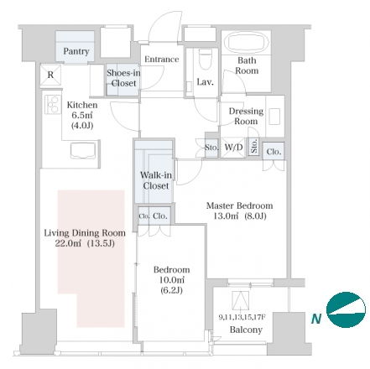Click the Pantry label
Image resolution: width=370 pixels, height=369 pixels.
[x=76, y=51]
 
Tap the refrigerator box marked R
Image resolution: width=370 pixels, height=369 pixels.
[x=50, y=75]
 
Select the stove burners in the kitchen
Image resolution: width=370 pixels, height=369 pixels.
[x=52, y=104]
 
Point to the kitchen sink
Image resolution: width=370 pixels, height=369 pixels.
[x=83, y=152]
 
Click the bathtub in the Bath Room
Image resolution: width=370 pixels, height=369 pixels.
[x=246, y=43]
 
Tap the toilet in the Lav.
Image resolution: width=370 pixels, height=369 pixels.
[x=205, y=60]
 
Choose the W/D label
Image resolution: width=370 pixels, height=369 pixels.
[x=233, y=147]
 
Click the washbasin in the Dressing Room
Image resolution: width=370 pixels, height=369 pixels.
[x=274, y=117]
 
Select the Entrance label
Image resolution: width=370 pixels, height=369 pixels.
[x=162, y=60]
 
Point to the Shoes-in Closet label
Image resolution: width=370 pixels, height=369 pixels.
[x=123, y=78]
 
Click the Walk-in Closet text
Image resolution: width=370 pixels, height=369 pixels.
[x=156, y=180]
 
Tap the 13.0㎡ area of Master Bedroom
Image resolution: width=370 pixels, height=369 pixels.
[x=226, y=216]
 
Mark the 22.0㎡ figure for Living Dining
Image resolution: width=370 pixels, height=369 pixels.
[x=68, y=243]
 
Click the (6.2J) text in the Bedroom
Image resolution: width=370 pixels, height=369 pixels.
[x=171, y=290]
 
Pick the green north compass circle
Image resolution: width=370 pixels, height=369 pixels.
[x=346, y=310]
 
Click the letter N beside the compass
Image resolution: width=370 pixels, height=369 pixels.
[x=316, y=319]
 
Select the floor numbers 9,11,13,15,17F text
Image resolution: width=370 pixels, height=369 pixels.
[x=242, y=317]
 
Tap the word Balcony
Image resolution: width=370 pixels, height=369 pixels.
[x=246, y=330]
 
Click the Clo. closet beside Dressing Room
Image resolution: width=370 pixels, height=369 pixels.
[x=274, y=152]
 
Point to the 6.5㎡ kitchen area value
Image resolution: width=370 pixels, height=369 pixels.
[x=80, y=115]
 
